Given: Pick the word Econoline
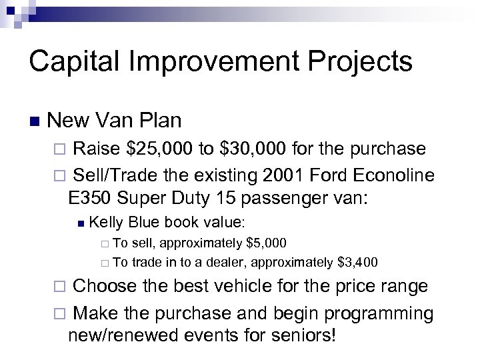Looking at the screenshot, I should click(395, 175).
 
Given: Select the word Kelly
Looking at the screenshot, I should click(107, 222).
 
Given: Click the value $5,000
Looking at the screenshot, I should click(267, 243).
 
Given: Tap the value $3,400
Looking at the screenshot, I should click(357, 262).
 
